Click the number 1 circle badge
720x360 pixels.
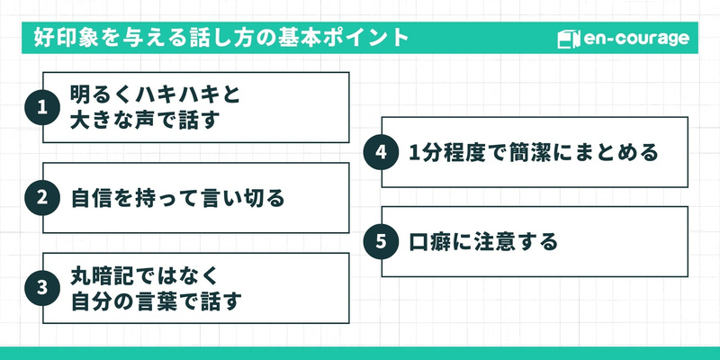(x=41, y=108)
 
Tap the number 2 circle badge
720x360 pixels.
(x=41, y=198)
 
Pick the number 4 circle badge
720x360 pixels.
(x=381, y=152)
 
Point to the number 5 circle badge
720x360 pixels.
(x=381, y=241)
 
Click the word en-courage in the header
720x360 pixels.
(x=636, y=40)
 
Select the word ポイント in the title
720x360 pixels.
(x=362, y=40)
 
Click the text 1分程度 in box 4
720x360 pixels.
(x=449, y=152)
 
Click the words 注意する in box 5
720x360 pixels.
(x=513, y=241)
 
